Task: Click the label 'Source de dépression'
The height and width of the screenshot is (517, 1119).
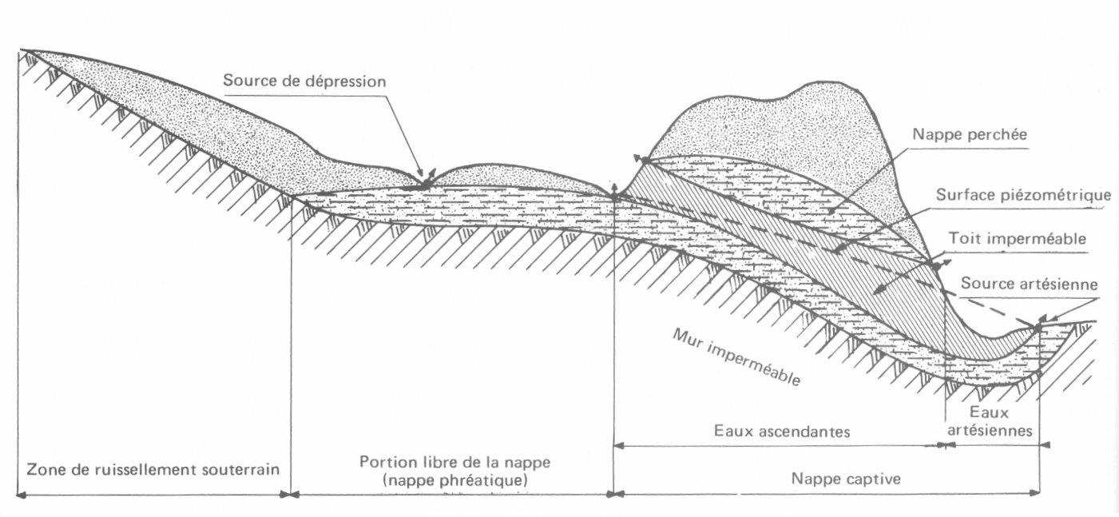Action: pyautogui.click(x=304, y=81)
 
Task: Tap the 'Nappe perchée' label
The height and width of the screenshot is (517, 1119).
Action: pyautogui.click(x=970, y=133)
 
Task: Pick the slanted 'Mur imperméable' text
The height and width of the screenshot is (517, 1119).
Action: pyautogui.click(x=736, y=356)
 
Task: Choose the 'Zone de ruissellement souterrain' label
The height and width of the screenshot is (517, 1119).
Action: pyautogui.click(x=153, y=468)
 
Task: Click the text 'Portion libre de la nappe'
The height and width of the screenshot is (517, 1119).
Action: pyautogui.click(x=454, y=462)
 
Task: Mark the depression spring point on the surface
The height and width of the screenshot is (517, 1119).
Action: pyautogui.click(x=425, y=184)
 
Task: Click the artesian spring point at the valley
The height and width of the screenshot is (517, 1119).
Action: pyautogui.click(x=1038, y=326)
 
